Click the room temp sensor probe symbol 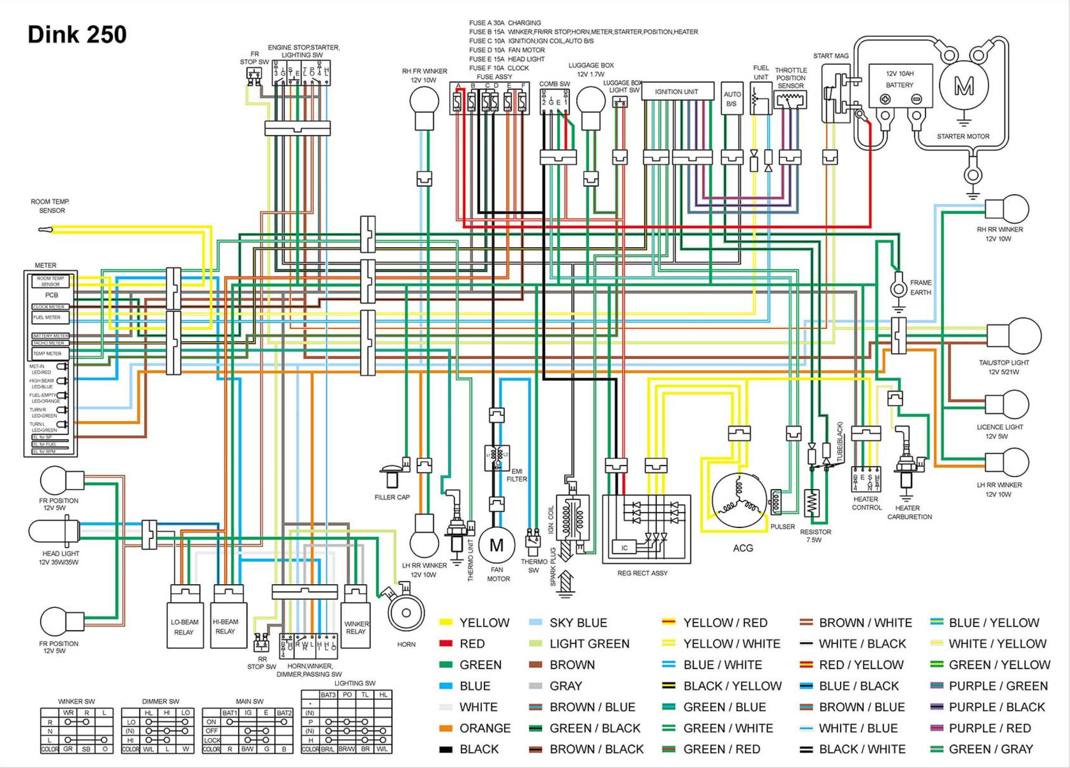[x=45, y=230]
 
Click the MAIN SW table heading [x=250, y=701]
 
